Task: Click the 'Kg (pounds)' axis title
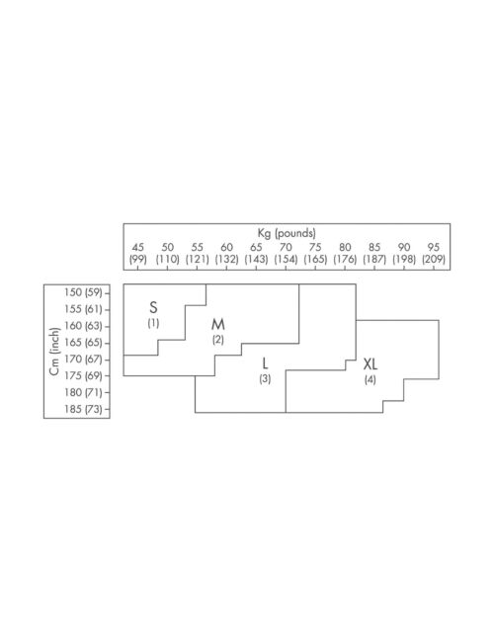[x=287, y=233]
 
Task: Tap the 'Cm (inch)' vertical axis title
[x=54, y=352]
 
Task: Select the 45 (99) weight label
[x=138, y=253]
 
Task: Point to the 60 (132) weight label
[x=226, y=253]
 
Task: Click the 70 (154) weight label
[x=286, y=253]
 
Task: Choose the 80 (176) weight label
[x=345, y=253]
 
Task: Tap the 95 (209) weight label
[x=434, y=253]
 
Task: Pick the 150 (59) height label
[x=83, y=292]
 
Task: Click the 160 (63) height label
[x=83, y=326]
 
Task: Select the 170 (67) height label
[x=83, y=360]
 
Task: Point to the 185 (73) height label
[x=83, y=409]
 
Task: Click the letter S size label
[x=153, y=307]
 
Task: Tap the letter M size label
[x=218, y=324]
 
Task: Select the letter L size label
[x=265, y=363]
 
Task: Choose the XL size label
[x=370, y=364]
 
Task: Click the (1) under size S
[x=153, y=323]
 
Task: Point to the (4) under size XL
[x=370, y=379]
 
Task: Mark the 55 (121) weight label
[x=197, y=253]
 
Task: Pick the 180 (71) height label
[x=83, y=392]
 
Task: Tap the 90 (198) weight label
[x=404, y=253]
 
